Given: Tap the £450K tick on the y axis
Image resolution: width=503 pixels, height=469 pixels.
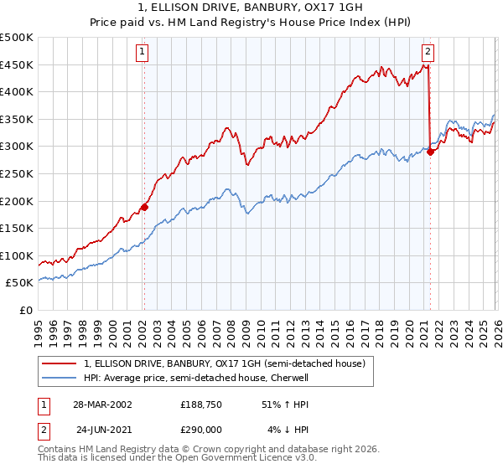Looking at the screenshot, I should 17,65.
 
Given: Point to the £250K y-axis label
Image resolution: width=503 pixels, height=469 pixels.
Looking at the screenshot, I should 17,174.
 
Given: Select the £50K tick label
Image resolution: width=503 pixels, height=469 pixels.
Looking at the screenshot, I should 20,283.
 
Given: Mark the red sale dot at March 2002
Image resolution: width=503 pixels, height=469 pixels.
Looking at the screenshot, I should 144,207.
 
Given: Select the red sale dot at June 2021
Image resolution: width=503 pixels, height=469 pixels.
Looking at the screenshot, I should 430,152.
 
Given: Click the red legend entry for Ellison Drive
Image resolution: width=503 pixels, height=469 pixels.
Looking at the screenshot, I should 224,364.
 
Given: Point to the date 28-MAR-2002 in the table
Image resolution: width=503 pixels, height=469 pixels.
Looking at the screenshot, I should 103,404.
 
